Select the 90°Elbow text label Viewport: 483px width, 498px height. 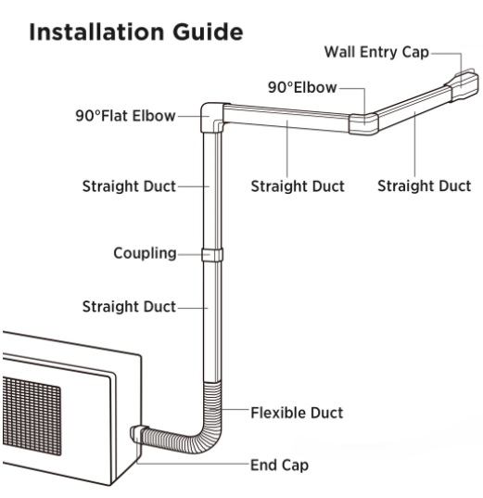[301, 87]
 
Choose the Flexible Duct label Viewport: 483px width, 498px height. [297, 411]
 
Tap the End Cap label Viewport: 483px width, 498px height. [279, 465]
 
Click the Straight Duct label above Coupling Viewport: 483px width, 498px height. [129, 185]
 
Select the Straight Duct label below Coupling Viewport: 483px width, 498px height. [129, 306]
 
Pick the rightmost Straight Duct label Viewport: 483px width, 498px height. [424, 185]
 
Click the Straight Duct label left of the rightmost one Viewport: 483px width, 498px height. [298, 185]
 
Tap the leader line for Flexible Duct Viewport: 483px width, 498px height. [235, 411]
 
